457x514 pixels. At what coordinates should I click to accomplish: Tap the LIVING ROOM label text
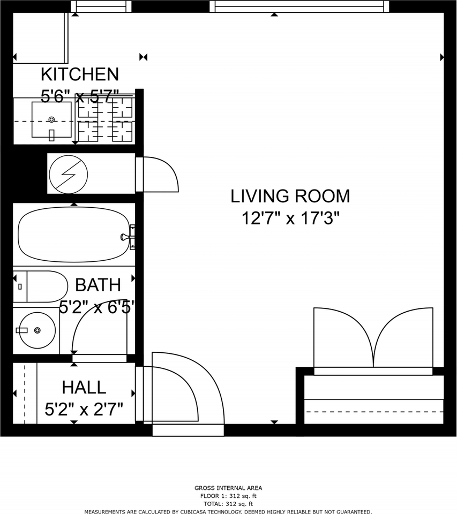click(x=290, y=196)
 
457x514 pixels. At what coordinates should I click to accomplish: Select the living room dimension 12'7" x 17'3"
click(x=290, y=218)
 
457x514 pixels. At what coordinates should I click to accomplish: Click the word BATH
click(x=98, y=285)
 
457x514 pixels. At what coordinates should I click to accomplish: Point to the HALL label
click(x=84, y=387)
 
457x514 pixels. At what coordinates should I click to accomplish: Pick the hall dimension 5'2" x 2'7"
click(x=84, y=409)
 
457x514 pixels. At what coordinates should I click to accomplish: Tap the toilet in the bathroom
click(x=40, y=286)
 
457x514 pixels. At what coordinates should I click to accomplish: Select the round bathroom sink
click(x=37, y=330)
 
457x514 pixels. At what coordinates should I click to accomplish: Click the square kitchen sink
click(x=51, y=119)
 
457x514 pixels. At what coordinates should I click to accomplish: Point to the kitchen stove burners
click(x=106, y=119)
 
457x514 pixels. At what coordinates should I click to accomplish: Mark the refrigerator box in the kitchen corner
click(x=41, y=37)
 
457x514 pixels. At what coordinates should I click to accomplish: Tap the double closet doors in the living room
click(x=373, y=338)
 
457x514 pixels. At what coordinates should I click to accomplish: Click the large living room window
click(x=299, y=6)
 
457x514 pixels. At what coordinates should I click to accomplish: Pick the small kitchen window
click(x=101, y=6)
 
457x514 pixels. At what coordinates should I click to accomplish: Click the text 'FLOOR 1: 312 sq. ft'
click(x=228, y=496)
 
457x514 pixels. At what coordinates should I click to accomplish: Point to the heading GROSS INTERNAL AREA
click(x=228, y=488)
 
